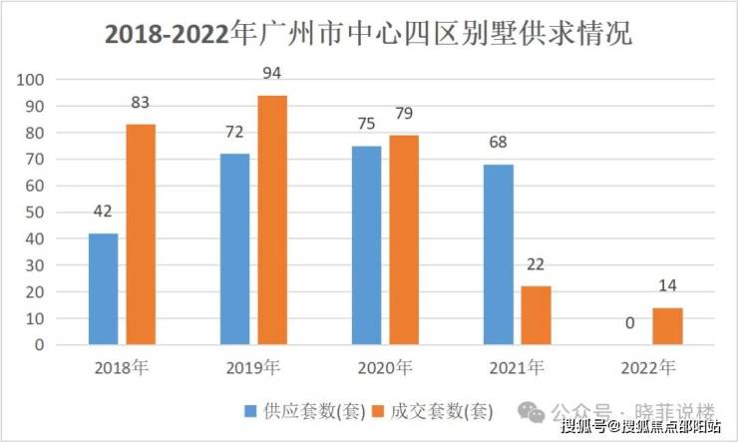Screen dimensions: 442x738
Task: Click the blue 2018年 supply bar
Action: (x=103, y=289)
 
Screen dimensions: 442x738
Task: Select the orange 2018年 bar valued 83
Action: (x=141, y=234)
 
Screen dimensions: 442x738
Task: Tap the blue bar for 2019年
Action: (x=234, y=249)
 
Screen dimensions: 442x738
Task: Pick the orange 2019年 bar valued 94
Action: (x=272, y=221)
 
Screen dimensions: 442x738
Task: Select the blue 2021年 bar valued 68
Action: (x=499, y=254)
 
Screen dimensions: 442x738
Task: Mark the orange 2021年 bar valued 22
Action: (x=536, y=315)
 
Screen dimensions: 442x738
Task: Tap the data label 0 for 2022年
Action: (x=630, y=324)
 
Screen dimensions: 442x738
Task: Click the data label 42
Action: (x=103, y=213)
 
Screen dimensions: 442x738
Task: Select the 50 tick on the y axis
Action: (x=38, y=213)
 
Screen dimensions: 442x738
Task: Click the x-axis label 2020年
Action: (x=385, y=366)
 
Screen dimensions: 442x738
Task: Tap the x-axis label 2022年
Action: (x=648, y=366)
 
